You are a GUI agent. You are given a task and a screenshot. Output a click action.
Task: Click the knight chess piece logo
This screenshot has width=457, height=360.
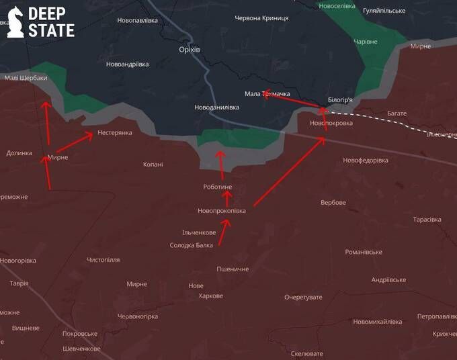pos(15,21)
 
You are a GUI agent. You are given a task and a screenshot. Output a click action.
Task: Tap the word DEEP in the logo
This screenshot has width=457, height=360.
pos(51,13)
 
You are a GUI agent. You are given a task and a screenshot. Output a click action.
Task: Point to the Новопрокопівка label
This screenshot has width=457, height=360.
pos(222,211)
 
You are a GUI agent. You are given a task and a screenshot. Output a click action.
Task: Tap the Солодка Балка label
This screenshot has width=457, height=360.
pos(191,245)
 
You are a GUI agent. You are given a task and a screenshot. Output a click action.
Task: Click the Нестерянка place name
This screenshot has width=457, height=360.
pos(115,132)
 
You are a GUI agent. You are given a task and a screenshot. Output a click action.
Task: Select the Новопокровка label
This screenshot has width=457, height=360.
pos(331,124)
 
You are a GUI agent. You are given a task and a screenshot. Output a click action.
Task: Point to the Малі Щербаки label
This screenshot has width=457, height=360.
pos(26,78)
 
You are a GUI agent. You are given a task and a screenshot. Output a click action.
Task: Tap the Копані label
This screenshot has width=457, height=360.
pos(153,164)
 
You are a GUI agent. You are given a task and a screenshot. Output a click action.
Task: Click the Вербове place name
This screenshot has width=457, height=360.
pos(333,202)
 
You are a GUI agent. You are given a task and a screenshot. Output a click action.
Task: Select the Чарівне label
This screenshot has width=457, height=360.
pos(366,42)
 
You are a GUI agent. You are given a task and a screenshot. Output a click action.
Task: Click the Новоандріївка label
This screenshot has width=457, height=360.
pos(127,64)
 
